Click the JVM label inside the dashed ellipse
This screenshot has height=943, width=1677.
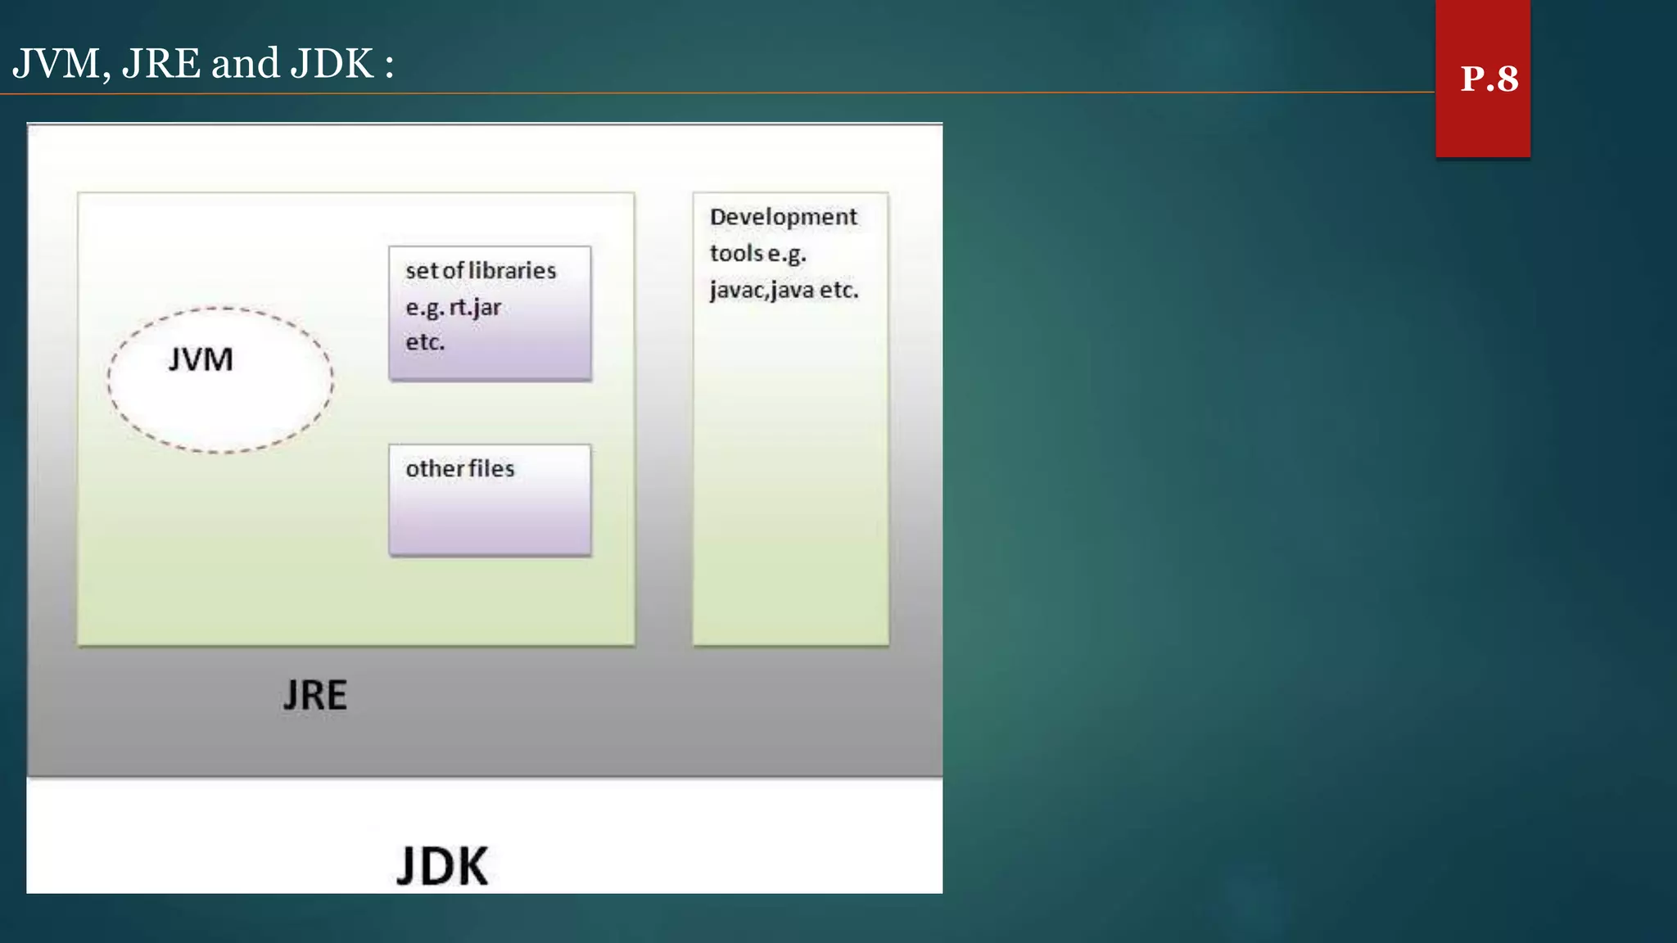tap(201, 360)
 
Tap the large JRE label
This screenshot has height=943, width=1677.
tap(315, 696)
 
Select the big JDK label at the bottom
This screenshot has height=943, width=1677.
tap(442, 866)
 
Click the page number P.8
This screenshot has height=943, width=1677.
tap(1489, 79)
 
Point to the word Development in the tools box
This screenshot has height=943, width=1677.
tap(783, 217)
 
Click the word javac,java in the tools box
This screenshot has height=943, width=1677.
tap(762, 291)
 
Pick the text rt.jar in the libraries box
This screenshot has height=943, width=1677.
tap(475, 308)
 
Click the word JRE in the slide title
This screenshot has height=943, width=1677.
tap(160, 64)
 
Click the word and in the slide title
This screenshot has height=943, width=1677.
tap(245, 64)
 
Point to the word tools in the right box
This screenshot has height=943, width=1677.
tap(736, 254)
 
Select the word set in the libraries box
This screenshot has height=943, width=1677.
tap(421, 271)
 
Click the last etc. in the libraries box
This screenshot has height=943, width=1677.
tap(425, 342)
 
